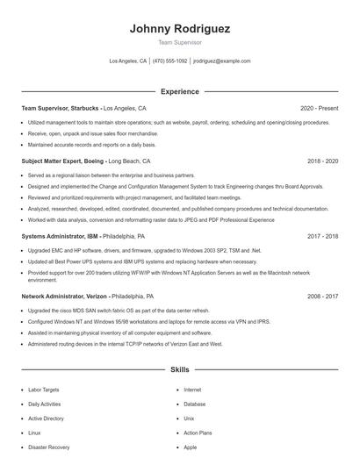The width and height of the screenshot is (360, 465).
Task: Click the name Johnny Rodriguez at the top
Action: click(180, 29)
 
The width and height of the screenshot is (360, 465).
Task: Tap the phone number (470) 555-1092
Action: click(170, 61)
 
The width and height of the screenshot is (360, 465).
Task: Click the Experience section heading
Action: click(180, 91)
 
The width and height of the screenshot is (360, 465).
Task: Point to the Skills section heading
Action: click(180, 370)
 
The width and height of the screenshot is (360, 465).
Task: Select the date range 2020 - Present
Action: click(319, 108)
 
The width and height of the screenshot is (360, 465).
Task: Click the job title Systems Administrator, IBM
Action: click(60, 236)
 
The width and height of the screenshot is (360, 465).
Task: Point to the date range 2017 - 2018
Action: click(322, 236)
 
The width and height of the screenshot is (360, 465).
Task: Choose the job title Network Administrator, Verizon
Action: click(65, 297)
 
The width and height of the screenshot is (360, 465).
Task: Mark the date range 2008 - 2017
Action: click(322, 297)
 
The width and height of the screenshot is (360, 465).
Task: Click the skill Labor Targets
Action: click(43, 390)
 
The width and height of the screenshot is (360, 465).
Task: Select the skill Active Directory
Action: click(46, 418)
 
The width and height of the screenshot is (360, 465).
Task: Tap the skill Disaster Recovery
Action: click(48, 447)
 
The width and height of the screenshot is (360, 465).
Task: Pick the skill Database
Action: click(195, 404)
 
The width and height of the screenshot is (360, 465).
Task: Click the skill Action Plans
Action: click(198, 433)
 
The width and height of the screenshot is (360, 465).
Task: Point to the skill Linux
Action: click(34, 433)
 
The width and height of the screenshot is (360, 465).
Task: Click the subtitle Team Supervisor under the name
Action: click(180, 42)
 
